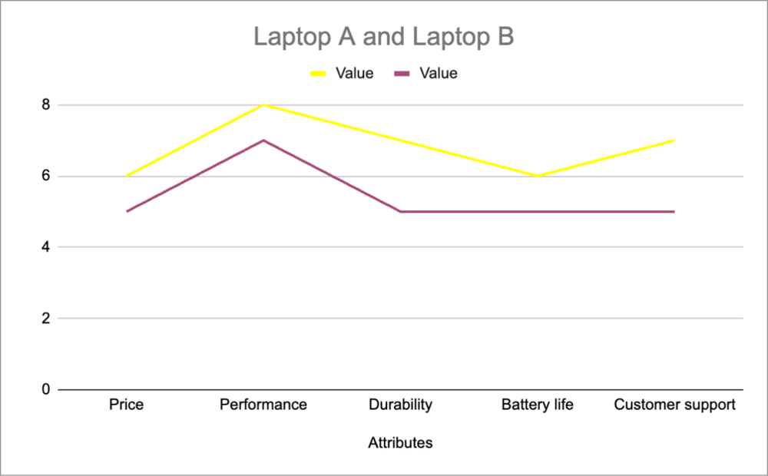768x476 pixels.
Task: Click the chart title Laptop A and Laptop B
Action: click(x=383, y=37)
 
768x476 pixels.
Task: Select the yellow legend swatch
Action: click(x=319, y=74)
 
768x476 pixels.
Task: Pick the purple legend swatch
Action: click(x=403, y=74)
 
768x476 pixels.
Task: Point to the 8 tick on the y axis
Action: click(x=45, y=105)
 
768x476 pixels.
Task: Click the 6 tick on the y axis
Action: click(x=45, y=177)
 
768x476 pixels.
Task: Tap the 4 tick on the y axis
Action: click(x=45, y=247)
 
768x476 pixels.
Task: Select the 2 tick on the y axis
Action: click(x=45, y=319)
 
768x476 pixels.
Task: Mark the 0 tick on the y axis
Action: click(x=45, y=389)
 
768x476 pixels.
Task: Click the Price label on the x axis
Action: click(x=126, y=405)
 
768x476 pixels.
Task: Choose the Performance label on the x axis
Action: click(x=263, y=405)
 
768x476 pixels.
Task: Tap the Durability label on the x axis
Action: click(x=400, y=405)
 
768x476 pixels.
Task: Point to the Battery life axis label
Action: click(x=538, y=405)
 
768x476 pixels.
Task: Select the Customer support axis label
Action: click(x=674, y=405)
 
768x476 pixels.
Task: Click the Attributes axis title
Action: click(x=400, y=443)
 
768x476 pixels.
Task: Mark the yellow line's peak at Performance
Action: click(x=263, y=105)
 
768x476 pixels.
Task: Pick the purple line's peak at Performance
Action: click(x=263, y=140)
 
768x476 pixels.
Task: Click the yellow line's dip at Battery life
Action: click(x=538, y=176)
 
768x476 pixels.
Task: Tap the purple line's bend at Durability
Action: click(x=400, y=211)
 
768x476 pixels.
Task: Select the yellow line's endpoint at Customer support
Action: click(x=674, y=140)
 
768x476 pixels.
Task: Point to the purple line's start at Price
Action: click(x=126, y=211)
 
